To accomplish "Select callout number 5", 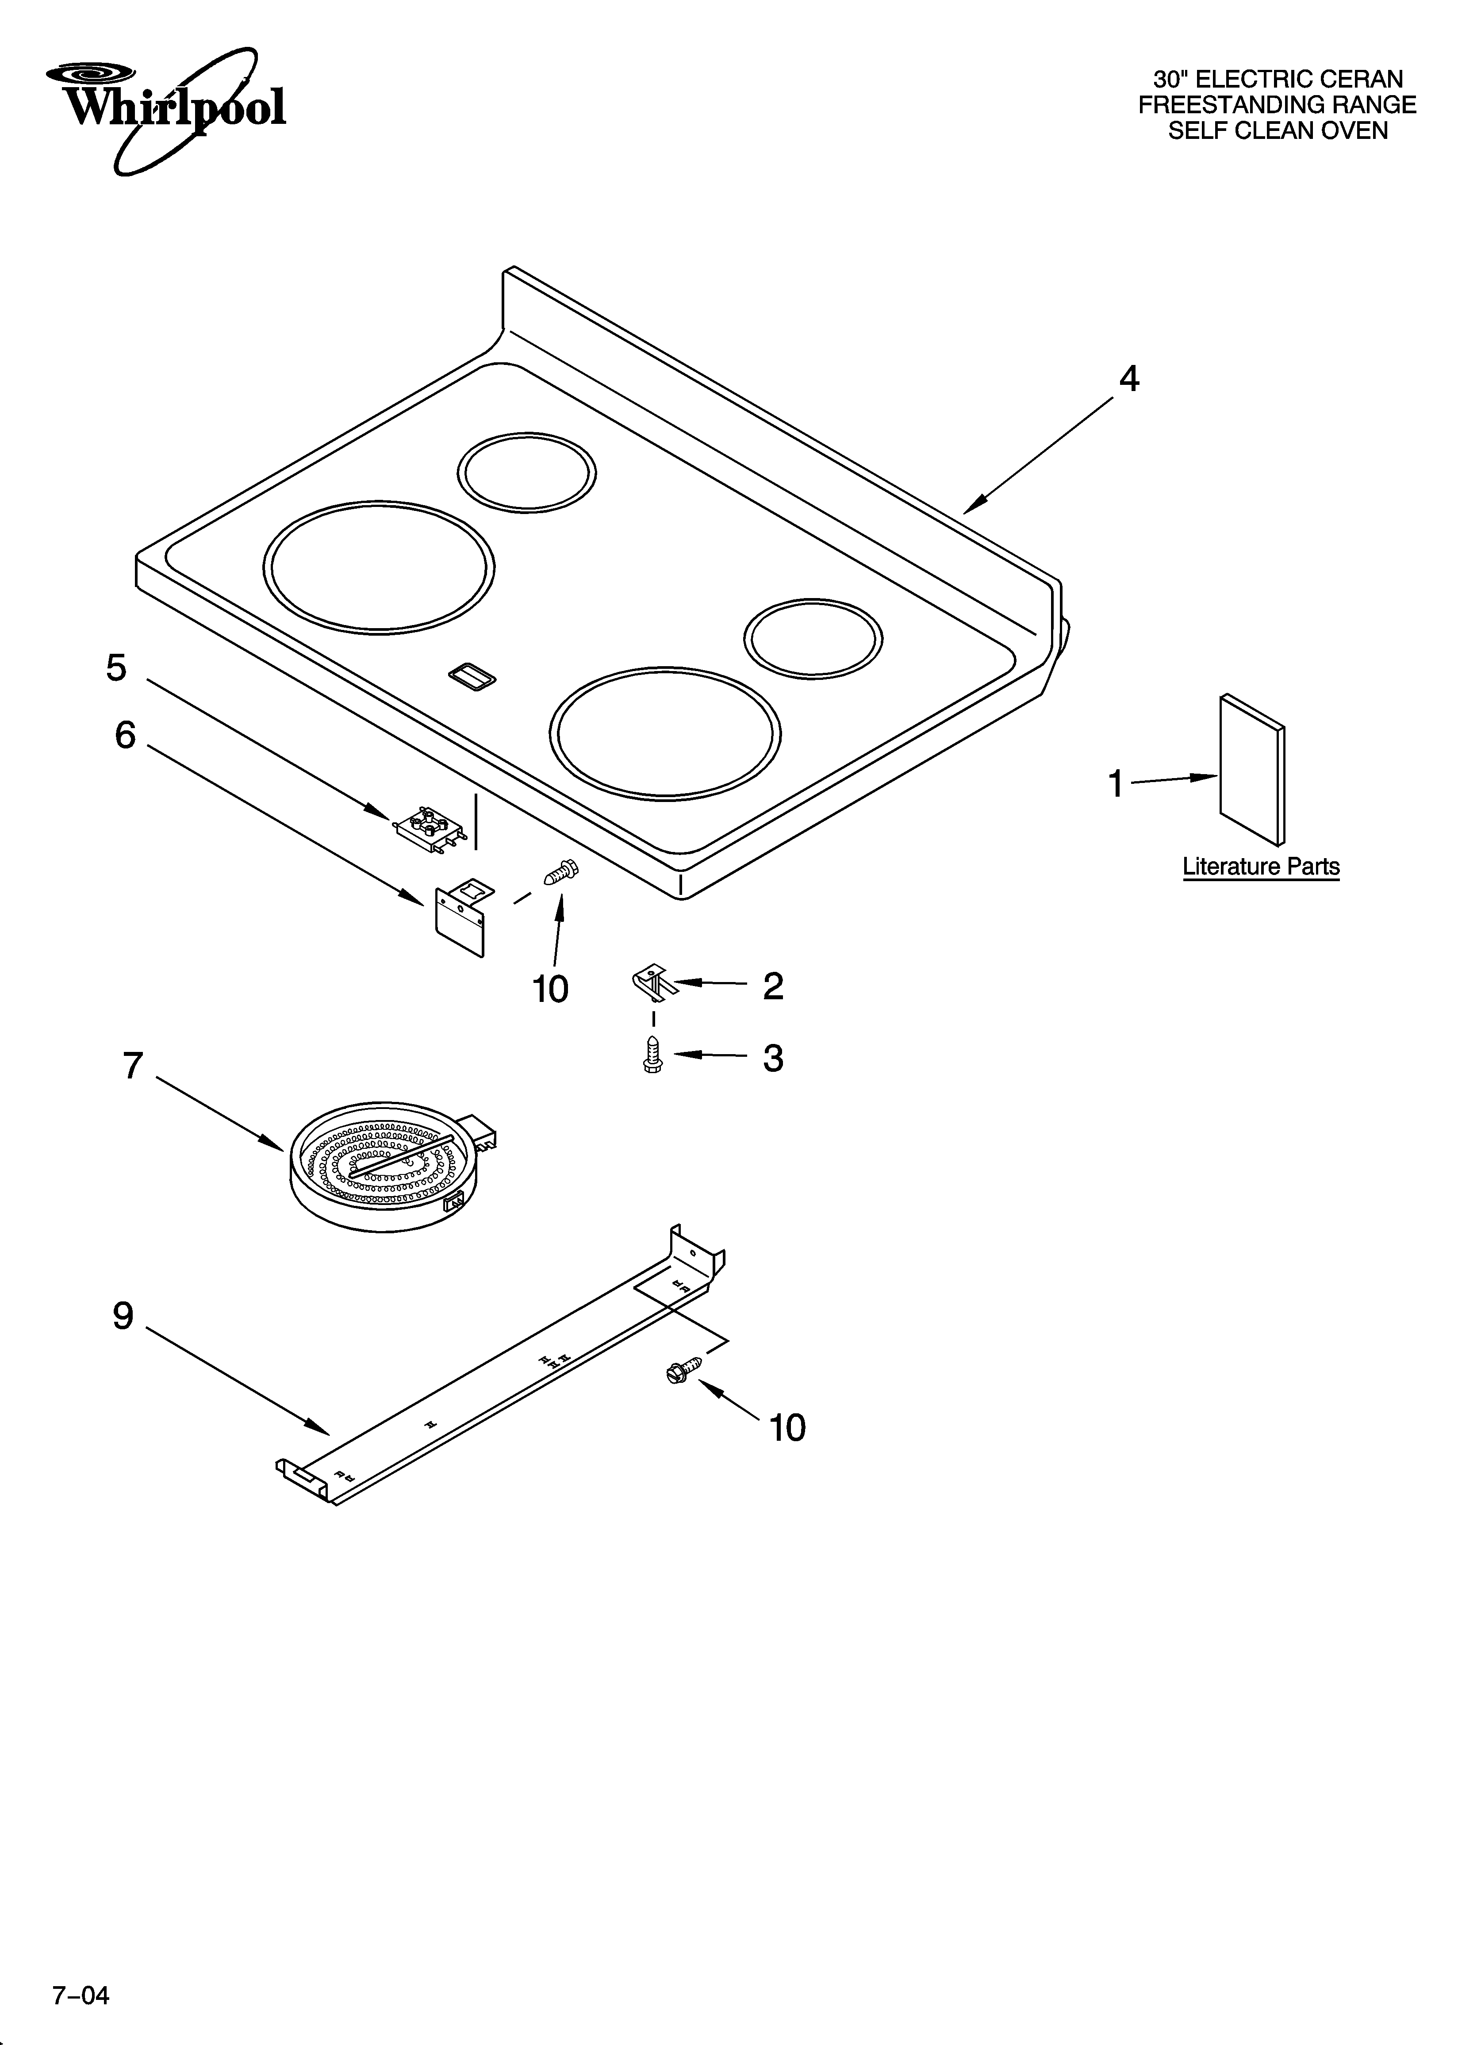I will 116,668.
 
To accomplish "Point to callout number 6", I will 125,736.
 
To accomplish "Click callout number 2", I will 773,986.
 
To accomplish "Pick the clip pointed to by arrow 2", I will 654,981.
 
